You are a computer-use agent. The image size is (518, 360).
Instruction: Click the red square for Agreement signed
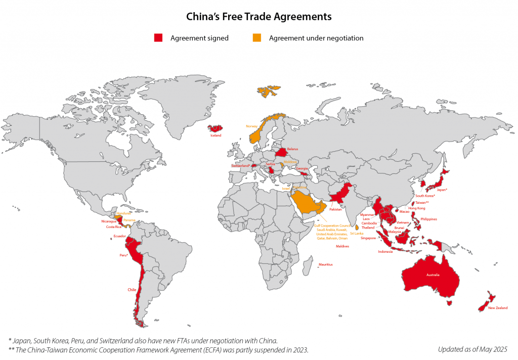pos(158,38)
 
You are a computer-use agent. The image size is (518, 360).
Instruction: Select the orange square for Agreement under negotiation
pos(257,38)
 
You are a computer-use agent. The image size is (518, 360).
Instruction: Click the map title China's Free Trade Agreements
pos(258,17)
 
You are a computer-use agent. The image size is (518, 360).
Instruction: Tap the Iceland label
pos(215,135)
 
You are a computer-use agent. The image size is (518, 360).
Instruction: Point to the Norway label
pos(251,126)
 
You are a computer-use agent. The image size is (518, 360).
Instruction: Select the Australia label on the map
pos(433,275)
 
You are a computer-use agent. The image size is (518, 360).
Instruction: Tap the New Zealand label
pos(498,307)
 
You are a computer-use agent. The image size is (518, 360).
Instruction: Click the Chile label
pos(132,290)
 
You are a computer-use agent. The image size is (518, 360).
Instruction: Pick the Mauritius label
pos(325,264)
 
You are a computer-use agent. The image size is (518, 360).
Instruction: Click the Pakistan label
pos(335,209)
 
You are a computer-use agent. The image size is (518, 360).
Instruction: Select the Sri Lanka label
pos(356,233)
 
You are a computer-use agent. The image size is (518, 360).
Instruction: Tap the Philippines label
pos(428,219)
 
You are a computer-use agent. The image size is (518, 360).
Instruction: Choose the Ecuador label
pos(120,236)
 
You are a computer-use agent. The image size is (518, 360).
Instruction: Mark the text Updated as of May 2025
pos(472,349)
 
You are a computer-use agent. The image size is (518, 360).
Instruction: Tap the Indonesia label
pos(385,251)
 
